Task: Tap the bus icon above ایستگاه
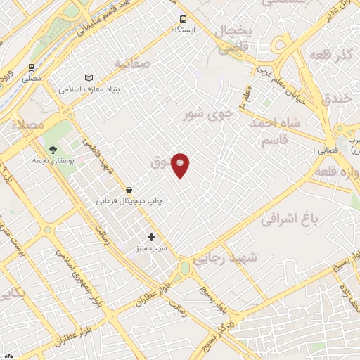183,20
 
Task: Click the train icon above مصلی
32,69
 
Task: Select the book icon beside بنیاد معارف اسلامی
88,78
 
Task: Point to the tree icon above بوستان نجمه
53,149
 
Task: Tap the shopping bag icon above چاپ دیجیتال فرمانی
129,190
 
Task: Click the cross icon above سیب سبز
151,238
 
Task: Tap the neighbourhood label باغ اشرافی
290,218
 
